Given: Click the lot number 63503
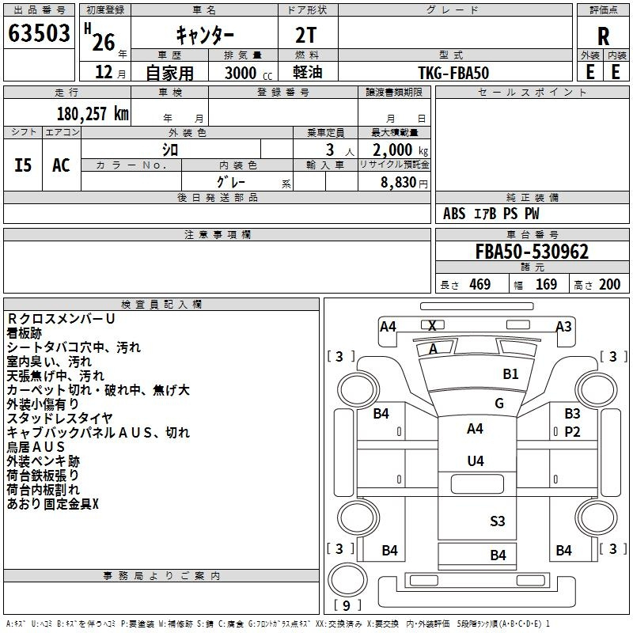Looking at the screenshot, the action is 39,33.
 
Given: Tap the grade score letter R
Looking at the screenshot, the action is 603,36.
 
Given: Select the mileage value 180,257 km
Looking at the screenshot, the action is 93,114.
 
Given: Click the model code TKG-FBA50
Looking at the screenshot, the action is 453,73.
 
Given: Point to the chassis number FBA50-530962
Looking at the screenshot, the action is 532,252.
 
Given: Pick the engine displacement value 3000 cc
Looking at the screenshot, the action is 248,73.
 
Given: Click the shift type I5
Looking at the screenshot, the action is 23,165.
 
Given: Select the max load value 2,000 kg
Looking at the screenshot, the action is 400,150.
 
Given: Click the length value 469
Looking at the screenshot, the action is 480,284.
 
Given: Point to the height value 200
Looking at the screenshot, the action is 609,284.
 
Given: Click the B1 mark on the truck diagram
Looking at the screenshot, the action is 510,374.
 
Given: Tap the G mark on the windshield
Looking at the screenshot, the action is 499,404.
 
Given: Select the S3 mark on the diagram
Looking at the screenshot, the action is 498,521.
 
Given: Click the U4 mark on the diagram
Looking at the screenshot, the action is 476,461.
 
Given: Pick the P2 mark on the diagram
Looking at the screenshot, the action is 572,432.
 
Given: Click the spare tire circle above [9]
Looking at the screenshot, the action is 347,579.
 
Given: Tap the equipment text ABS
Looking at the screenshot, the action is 454,214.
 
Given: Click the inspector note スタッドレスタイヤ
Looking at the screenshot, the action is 60,419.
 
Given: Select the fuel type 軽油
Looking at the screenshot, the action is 308,72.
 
